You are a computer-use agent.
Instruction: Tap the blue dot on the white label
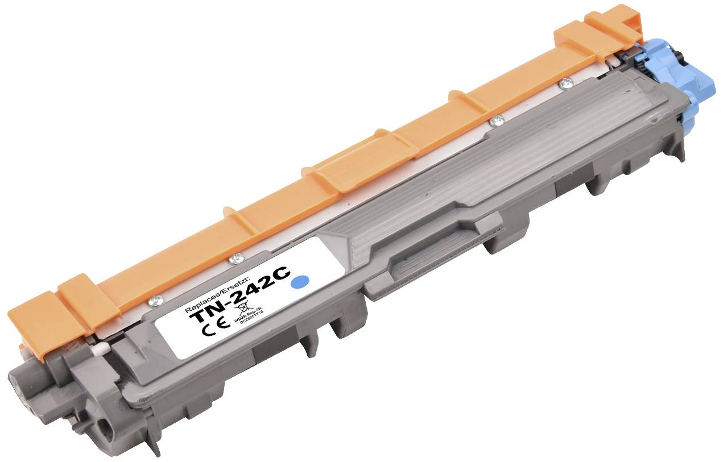pos(300,281)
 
